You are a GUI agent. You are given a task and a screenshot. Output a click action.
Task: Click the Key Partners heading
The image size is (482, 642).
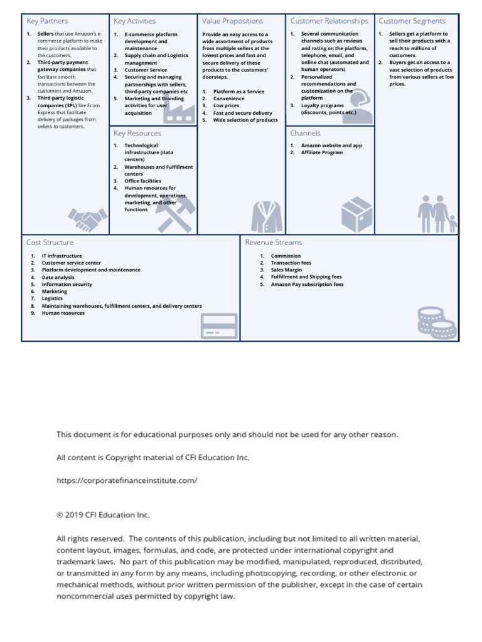point(48,21)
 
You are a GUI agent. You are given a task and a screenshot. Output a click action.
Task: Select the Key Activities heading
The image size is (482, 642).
point(135,21)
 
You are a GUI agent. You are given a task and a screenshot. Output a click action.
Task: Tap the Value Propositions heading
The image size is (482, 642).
point(233,21)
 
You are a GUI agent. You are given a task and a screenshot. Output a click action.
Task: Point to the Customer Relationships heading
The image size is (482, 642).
point(329,21)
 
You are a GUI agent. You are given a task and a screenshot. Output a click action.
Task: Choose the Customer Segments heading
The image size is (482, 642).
point(412,21)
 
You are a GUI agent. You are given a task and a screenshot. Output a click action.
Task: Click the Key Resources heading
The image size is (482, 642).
point(137,134)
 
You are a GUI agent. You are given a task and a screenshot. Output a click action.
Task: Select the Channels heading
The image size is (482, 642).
point(306,134)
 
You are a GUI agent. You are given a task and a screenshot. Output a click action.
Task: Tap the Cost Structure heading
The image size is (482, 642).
point(50,243)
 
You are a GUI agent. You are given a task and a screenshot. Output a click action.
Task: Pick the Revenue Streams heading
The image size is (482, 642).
point(274,243)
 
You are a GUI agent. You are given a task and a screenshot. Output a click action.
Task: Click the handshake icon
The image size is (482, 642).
point(87,219)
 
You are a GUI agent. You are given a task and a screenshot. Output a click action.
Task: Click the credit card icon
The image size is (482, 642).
point(218,326)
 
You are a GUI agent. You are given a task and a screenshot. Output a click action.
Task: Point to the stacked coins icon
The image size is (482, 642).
point(436,322)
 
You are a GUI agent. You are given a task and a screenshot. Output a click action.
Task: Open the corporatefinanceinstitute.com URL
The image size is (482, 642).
point(127,481)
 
